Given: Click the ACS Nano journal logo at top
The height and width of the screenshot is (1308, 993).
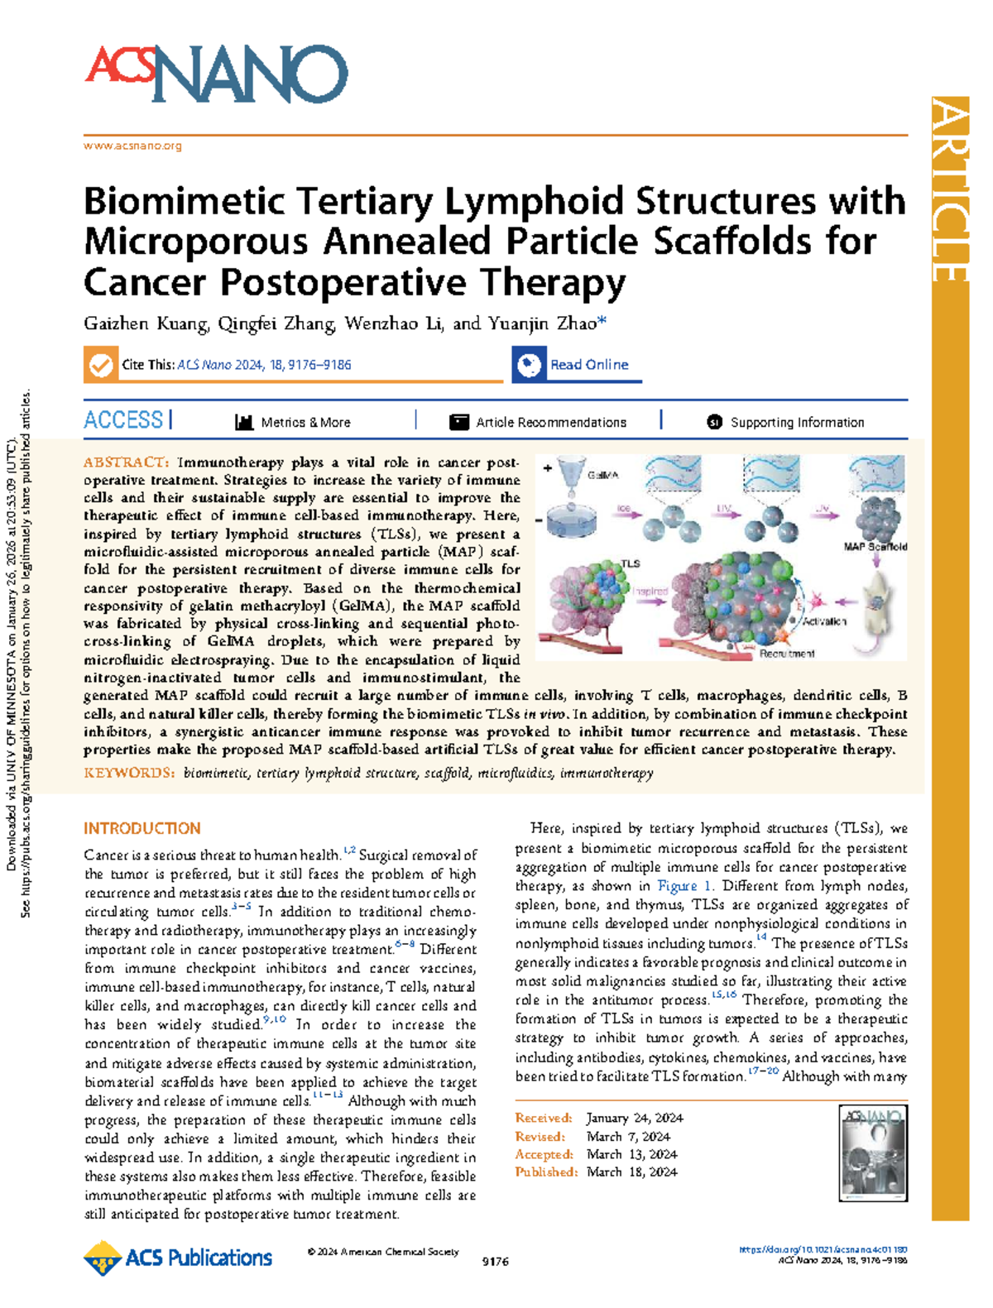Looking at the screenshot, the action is point(216,74).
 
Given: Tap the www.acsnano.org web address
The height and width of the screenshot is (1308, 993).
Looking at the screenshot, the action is point(132,146).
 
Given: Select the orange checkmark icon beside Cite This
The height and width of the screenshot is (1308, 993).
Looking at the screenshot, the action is point(101,365).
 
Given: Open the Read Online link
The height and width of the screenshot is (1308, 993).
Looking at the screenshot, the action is point(588,365).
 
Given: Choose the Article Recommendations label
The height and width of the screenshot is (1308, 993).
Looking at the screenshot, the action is point(550,423).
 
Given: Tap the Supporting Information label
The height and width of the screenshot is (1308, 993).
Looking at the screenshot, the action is point(796,423).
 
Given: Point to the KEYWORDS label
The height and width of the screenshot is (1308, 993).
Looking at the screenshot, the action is point(129,773).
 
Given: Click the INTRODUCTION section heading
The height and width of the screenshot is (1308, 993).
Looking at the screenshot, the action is point(142,828).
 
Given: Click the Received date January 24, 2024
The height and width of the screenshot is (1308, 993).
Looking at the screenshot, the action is point(635,1119).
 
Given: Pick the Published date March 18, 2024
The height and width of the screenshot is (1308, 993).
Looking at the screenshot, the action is point(632,1172).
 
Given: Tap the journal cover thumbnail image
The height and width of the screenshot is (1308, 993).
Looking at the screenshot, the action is point(873,1153).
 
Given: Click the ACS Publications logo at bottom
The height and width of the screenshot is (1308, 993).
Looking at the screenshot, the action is point(178,1258).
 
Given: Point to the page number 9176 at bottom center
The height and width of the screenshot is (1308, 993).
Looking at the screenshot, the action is point(495,1262).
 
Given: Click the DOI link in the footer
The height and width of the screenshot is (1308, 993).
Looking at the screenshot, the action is point(823,1250).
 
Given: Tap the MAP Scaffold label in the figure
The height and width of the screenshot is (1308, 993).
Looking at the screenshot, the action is point(875,547).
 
